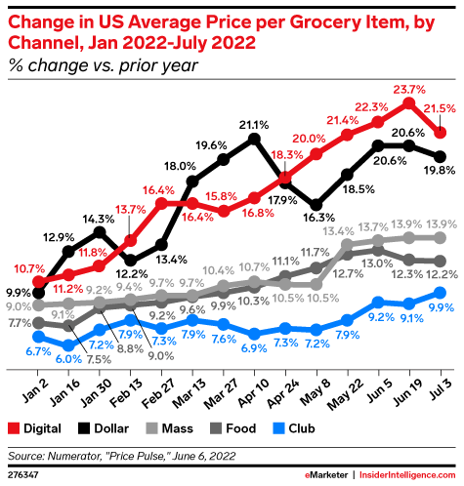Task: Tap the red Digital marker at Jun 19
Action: click(410, 101)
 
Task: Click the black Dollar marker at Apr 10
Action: click(256, 139)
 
